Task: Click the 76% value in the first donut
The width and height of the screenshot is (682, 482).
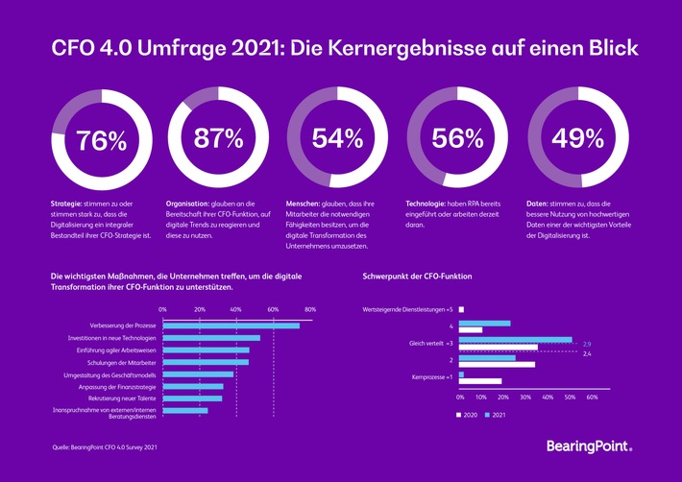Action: click(x=101, y=140)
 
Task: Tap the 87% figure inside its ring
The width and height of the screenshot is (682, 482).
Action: click(x=218, y=138)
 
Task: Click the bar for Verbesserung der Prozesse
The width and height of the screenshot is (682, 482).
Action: click(x=231, y=325)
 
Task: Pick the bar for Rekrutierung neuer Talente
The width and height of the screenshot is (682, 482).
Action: click(x=192, y=398)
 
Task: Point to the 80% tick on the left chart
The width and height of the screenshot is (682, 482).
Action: click(x=309, y=309)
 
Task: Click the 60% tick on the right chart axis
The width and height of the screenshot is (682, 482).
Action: click(x=592, y=396)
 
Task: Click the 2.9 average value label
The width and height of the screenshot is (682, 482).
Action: click(x=587, y=343)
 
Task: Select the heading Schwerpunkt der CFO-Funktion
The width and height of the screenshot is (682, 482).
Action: click(x=417, y=277)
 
